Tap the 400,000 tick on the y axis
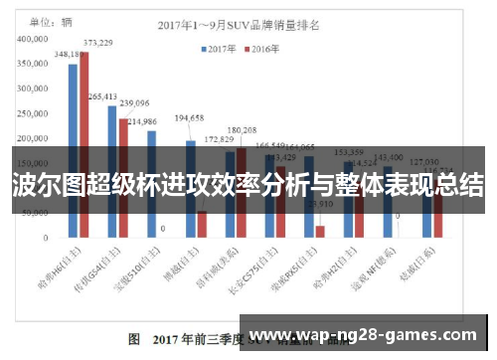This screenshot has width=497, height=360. coord(34,38)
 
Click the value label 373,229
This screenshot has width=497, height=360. coord(97,43)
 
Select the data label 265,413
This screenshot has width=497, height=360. coord(102,96)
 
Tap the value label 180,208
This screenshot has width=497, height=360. coord(242,130)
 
